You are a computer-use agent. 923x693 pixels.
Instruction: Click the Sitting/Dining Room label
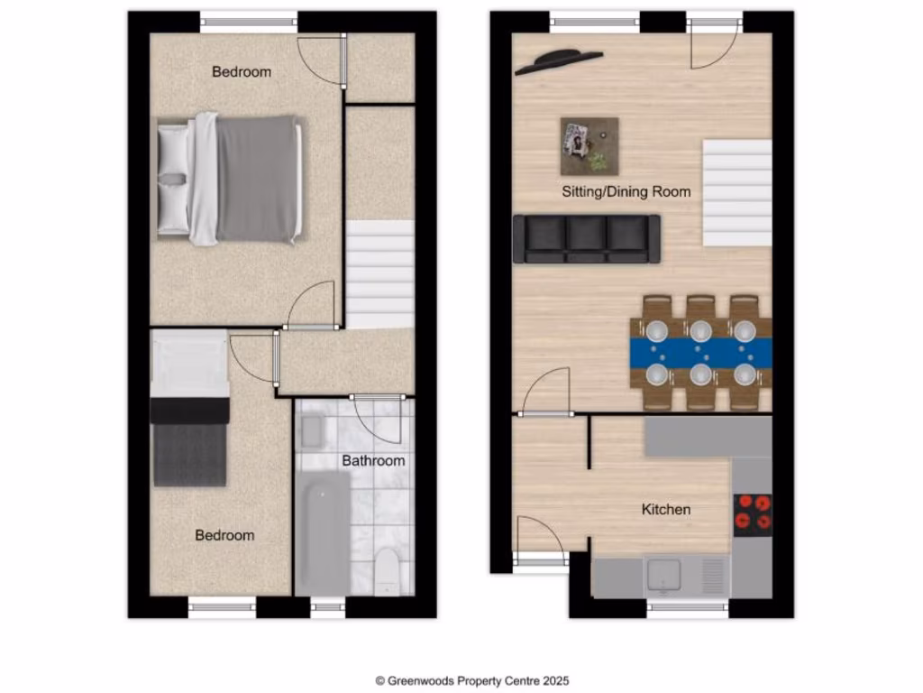[626, 191]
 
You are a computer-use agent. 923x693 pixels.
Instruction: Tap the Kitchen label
[665, 510]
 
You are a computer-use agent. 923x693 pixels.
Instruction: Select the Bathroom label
[373, 461]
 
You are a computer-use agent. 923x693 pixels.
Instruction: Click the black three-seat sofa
[586, 238]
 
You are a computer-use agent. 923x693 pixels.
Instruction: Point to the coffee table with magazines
[589, 146]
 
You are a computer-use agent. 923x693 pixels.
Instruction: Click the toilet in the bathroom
[386, 569]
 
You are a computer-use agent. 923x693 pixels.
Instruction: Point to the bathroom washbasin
[312, 433]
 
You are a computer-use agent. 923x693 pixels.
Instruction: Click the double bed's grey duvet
[256, 179]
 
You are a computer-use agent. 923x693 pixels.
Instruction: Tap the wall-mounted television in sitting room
[559, 60]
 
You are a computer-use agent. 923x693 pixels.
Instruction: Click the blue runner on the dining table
[700, 352]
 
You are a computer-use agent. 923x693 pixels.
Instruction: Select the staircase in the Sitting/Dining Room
[736, 193]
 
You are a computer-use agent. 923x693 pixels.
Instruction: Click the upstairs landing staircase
[380, 274]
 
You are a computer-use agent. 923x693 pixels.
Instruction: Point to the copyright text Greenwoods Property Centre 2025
[472, 681]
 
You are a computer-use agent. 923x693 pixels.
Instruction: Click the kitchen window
[687, 607]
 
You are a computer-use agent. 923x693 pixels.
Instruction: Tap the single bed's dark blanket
[189, 453]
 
